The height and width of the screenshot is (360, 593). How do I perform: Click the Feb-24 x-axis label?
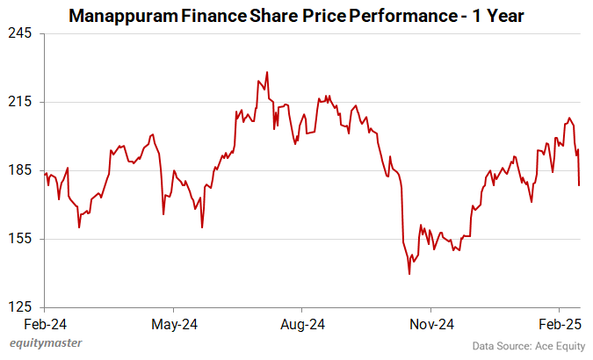[46, 324]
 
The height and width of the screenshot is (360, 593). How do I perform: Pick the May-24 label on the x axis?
[174, 324]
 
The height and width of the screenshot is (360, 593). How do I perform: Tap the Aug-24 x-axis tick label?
[302, 324]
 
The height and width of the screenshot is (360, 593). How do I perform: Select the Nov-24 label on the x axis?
[431, 324]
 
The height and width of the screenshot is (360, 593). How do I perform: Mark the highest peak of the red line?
[267, 72]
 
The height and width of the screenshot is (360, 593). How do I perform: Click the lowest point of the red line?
[409, 274]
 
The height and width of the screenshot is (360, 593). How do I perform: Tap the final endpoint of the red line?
[579, 185]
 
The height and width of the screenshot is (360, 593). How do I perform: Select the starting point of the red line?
[45, 174]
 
